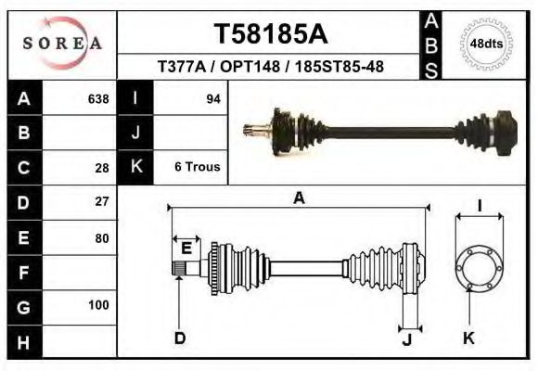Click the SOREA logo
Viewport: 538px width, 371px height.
62,44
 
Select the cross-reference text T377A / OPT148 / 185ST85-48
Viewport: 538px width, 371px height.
271,68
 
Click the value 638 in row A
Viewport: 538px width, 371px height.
97,99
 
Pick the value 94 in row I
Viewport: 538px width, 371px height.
211,99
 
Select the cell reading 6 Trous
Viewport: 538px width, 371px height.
197,167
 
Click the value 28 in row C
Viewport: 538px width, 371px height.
102,168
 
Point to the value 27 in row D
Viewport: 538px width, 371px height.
102,201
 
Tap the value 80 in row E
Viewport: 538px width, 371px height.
102,238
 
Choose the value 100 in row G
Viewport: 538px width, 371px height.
98,305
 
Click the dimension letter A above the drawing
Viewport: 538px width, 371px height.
299,198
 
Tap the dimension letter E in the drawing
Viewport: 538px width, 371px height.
186,248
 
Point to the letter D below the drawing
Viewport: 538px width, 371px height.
180,339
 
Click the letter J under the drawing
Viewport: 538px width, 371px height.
407,339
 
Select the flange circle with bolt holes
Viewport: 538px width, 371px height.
478,266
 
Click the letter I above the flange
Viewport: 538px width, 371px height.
479,206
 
